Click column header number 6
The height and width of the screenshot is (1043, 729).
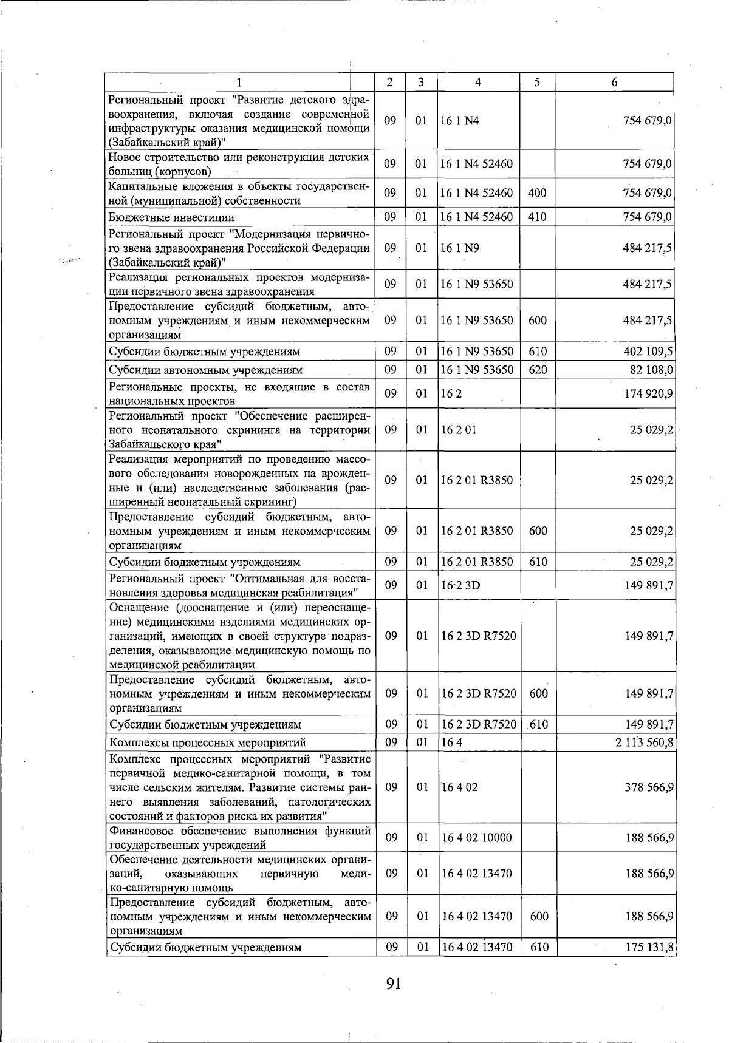click(614, 83)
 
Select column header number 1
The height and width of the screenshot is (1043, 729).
click(239, 83)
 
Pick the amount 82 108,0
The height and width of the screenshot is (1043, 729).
click(650, 370)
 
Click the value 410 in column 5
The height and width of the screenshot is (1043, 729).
click(538, 217)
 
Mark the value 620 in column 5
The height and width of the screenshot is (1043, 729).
click(538, 370)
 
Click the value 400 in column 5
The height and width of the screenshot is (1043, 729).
click(538, 194)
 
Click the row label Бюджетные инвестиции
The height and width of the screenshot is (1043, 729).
click(171, 217)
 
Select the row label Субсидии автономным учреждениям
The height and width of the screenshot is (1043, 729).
click(205, 370)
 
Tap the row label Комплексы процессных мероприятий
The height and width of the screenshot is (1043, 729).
click(207, 742)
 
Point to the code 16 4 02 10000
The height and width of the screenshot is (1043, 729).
click(477, 838)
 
